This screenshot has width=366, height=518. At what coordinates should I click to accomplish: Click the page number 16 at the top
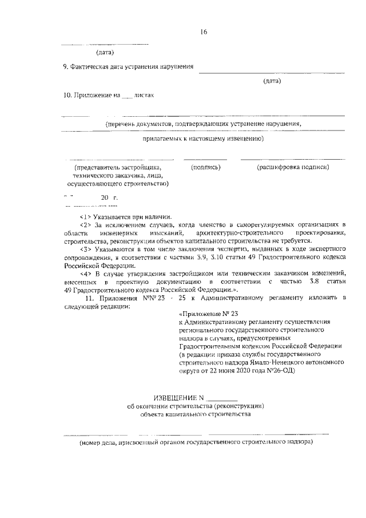(203, 31)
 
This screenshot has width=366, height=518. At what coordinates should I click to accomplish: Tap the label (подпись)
(205, 167)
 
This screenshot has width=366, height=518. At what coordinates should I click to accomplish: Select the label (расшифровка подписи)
(293, 167)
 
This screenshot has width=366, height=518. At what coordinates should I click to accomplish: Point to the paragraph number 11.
(89, 298)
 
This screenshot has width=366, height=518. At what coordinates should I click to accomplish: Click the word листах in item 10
(144, 95)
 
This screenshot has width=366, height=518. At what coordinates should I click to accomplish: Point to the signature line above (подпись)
(205, 159)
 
